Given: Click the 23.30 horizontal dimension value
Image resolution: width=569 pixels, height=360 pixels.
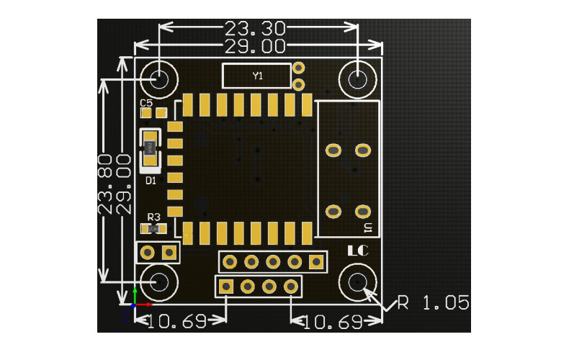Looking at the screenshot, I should pos(255,29).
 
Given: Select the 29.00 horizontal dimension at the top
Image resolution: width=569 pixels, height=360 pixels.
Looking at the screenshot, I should pos(255,47).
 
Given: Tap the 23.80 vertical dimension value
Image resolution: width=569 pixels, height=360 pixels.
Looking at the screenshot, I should pos(106,183).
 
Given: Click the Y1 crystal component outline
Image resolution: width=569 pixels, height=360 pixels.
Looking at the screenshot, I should pos(256,75).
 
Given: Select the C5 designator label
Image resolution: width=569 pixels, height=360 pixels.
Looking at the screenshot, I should pos(146,103).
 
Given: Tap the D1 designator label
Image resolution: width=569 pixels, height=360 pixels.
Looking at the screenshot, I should pos(151,181).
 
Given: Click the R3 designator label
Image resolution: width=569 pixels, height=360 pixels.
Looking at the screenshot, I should pos(153,217).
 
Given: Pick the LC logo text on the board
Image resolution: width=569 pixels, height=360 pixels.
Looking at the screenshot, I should pos(358,252).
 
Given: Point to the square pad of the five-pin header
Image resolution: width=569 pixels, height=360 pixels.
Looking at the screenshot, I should pos(315,262).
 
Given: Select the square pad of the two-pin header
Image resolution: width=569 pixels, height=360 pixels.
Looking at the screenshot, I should pos(170,252).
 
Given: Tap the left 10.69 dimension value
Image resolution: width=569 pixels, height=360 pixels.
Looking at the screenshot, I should pos(178,321).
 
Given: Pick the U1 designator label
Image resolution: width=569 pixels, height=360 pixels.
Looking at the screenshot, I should pos(368,228).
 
